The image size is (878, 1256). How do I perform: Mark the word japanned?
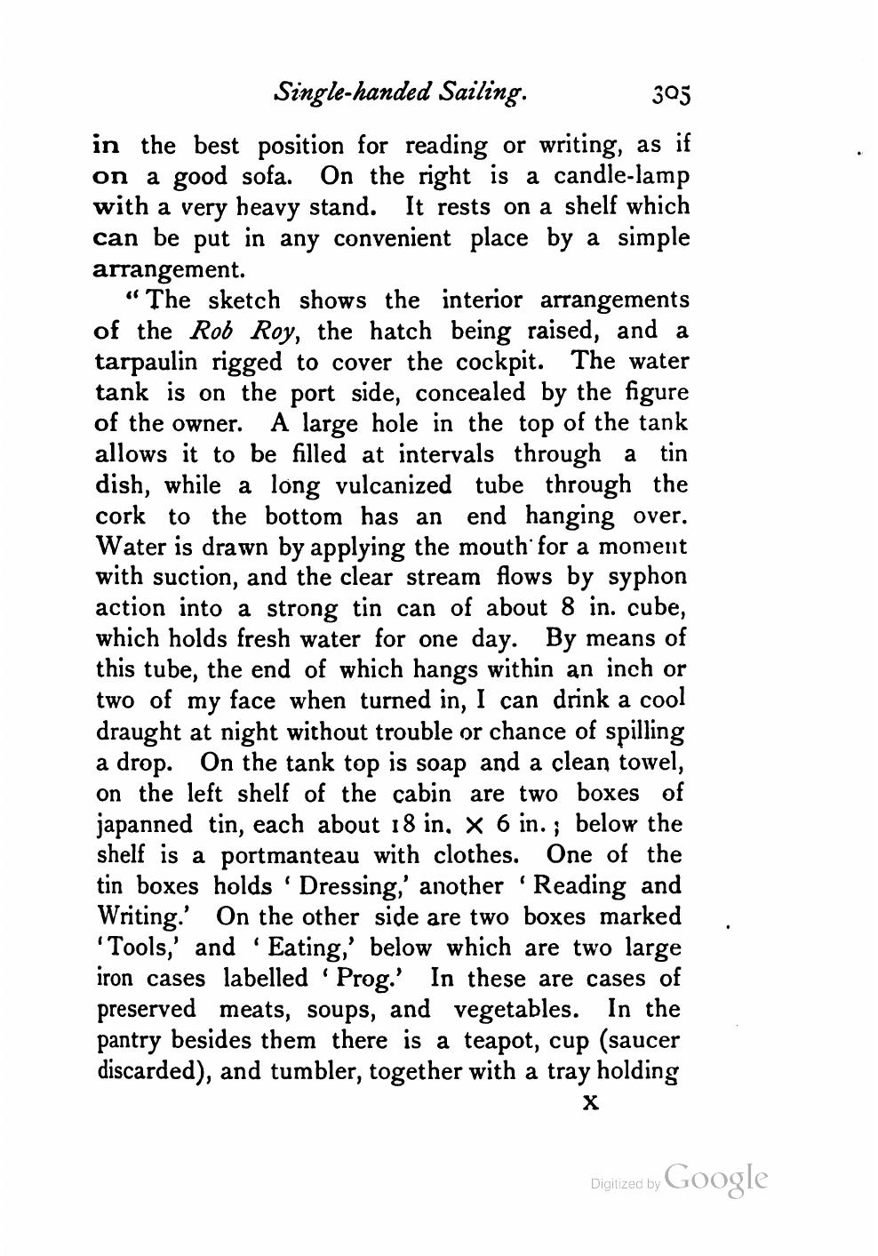point(143,824)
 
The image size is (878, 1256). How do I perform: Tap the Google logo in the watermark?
point(715,1179)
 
